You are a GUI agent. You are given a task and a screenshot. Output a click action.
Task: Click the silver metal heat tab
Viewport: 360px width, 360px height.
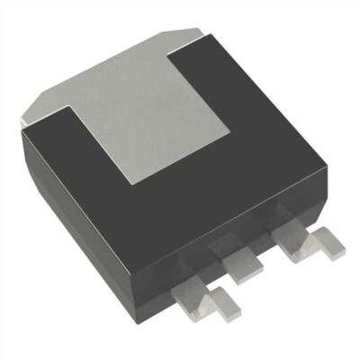[x=153, y=99]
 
